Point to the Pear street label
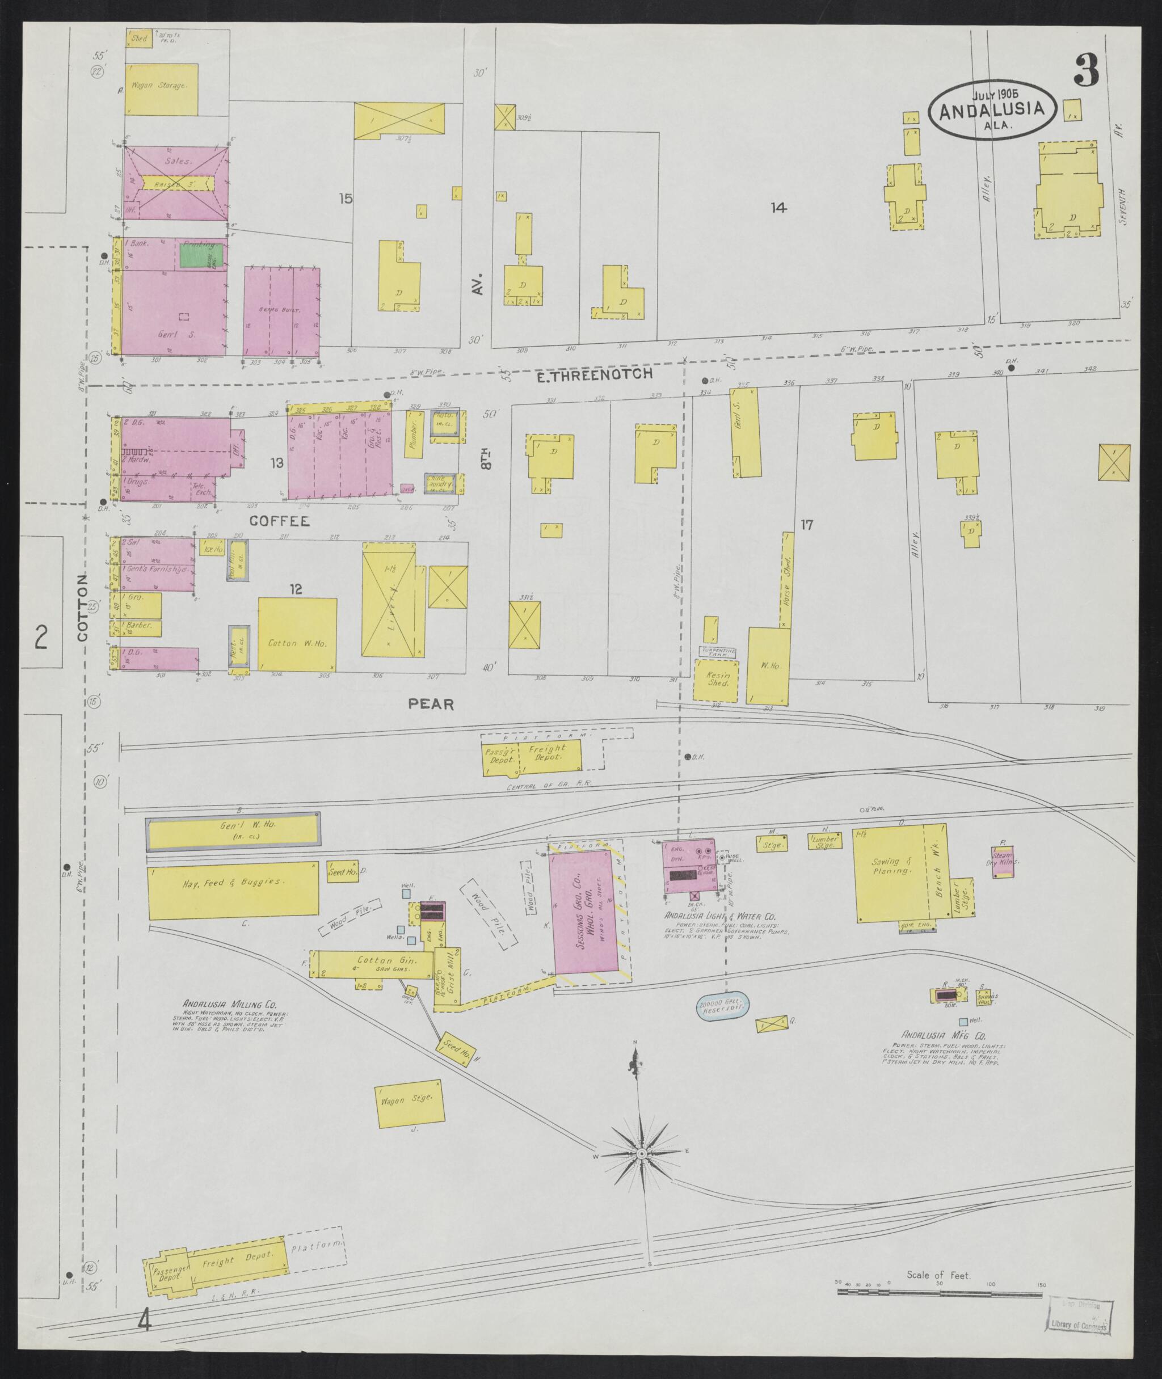(431, 704)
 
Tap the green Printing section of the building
(201, 254)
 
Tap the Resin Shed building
(717, 680)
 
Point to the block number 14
(778, 208)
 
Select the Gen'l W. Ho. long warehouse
(233, 832)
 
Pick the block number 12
(296, 589)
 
